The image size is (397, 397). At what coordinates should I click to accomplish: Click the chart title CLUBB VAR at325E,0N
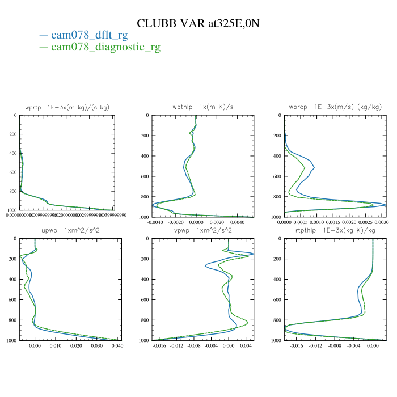pyautogui.click(x=198, y=23)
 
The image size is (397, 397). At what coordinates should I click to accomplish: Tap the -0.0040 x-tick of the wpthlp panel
pyautogui.click(x=155, y=222)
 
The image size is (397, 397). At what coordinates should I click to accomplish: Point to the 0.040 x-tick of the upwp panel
pyautogui.click(x=117, y=345)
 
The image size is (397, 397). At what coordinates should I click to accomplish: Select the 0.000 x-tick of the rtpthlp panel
pyautogui.click(x=373, y=345)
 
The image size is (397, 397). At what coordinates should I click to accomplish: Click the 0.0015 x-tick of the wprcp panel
pyautogui.click(x=333, y=222)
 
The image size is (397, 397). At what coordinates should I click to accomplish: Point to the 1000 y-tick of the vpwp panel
pyautogui.click(x=142, y=340)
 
